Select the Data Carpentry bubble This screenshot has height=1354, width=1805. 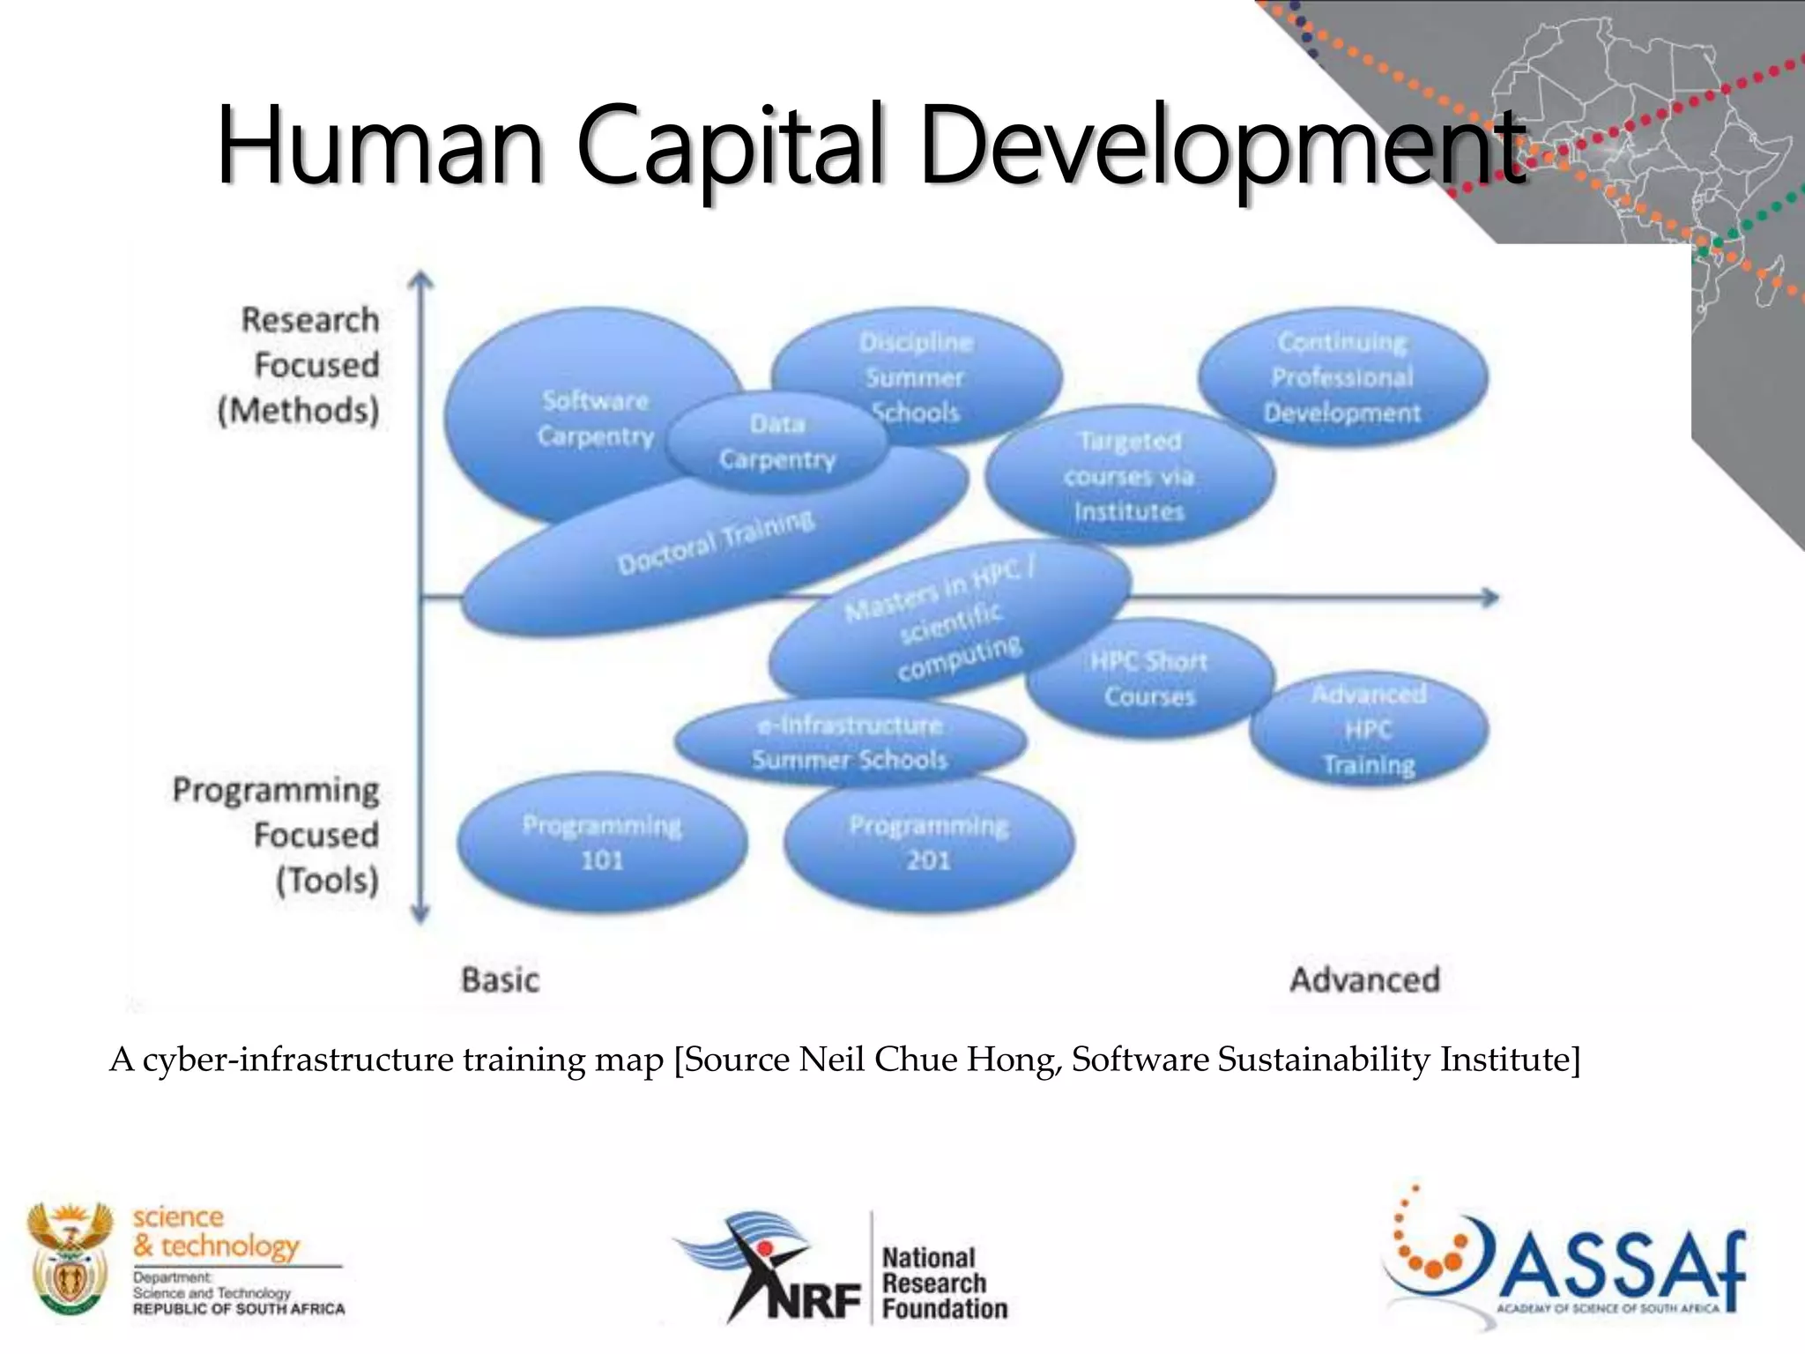pyautogui.click(x=776, y=442)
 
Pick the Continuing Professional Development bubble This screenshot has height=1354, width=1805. pyautogui.click(x=1342, y=377)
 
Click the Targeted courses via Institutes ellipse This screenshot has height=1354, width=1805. pyautogui.click(x=1129, y=476)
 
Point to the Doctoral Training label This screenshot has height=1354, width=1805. pyautogui.click(x=715, y=542)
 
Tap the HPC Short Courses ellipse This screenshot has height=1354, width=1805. pyautogui.click(x=1149, y=679)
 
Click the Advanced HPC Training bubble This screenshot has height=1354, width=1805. pyautogui.click(x=1369, y=730)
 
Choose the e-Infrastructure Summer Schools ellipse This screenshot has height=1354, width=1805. pyautogui.click(x=851, y=742)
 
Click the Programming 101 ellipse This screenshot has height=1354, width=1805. pyautogui.click(x=602, y=843)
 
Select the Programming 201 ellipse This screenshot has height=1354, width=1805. pyautogui.click(x=929, y=843)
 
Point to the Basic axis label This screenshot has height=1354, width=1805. pyautogui.click(x=500, y=980)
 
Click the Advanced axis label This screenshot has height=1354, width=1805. pyautogui.click(x=1364, y=979)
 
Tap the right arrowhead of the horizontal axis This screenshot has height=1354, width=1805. pyautogui.click(x=1489, y=598)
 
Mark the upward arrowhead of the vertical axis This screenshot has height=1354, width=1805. pyautogui.click(x=421, y=281)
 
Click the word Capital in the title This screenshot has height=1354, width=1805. pyautogui.click(x=731, y=145)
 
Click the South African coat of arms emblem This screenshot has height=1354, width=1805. pyautogui.click(x=69, y=1259)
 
